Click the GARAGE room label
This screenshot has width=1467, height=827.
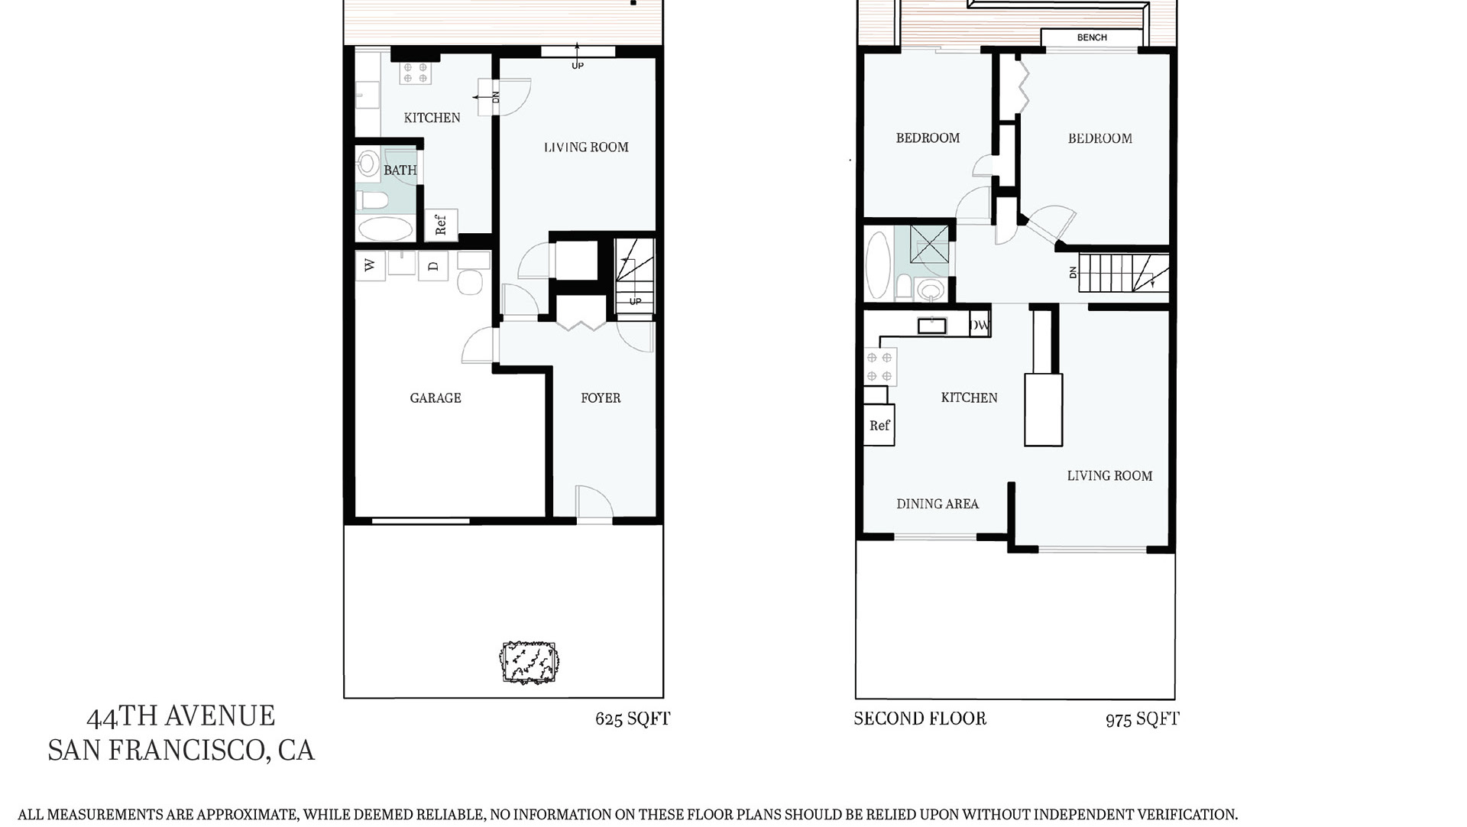pos(436,397)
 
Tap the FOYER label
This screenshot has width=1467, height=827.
pos(601,397)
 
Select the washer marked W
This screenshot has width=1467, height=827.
pos(371,266)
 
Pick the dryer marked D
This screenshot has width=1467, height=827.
pos(433,266)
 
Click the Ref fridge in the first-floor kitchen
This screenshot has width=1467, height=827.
pos(441,225)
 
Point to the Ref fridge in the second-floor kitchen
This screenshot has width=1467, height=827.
pos(879,425)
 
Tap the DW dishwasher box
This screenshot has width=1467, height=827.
pos(980,325)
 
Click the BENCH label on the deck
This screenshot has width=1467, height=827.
pos(1092,37)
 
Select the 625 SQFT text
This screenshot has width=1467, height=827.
pos(633,718)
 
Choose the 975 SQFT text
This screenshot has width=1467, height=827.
pos(1142,719)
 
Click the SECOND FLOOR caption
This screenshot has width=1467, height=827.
pos(920,718)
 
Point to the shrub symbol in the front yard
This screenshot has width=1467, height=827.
pos(529,662)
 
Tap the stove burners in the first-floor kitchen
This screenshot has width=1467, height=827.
pos(416,73)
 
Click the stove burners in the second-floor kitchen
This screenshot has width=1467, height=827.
pos(879,366)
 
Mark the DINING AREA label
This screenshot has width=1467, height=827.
pos(938,504)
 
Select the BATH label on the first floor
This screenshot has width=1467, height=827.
pos(400,170)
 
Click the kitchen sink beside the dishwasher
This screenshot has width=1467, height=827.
pos(932,326)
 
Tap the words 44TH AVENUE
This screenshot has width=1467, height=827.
pos(181,716)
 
